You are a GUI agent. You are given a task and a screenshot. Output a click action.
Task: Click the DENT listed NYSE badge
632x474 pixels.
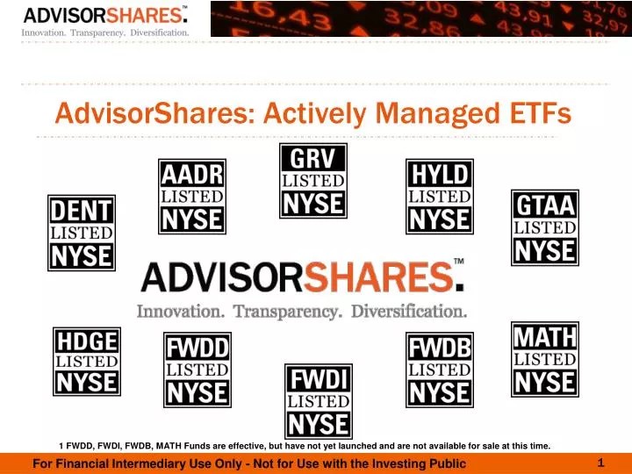pyautogui.click(x=81, y=233)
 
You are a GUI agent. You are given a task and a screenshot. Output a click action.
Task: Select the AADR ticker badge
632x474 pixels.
pyautogui.click(x=192, y=197)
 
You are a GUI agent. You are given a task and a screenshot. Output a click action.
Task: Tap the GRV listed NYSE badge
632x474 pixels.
pyautogui.click(x=313, y=180)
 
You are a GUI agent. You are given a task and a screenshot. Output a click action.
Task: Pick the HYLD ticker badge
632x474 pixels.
pyautogui.click(x=440, y=197)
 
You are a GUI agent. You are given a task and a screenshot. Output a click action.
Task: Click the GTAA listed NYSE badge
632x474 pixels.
pyautogui.click(x=545, y=227)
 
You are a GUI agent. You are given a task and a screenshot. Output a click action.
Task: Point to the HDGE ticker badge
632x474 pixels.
pyautogui.click(x=87, y=361)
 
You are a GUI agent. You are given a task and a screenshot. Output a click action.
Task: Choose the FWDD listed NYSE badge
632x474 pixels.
pyautogui.click(x=197, y=370)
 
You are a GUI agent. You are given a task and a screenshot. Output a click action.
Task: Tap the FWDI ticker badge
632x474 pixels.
pyautogui.click(x=319, y=401)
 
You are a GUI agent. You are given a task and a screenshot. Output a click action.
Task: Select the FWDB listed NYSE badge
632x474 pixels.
pyautogui.click(x=440, y=370)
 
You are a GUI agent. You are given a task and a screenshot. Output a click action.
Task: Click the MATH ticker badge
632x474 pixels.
pyautogui.click(x=545, y=359)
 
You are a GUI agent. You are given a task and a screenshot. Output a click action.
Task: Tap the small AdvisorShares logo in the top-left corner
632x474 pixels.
pyautogui.click(x=105, y=19)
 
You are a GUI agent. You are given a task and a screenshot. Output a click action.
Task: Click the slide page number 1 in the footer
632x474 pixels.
pyautogui.click(x=600, y=462)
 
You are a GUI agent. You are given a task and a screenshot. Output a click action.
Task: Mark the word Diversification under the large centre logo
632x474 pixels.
pyautogui.click(x=409, y=311)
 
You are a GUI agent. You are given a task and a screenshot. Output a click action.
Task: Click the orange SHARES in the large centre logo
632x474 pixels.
pyautogui.click(x=378, y=277)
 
